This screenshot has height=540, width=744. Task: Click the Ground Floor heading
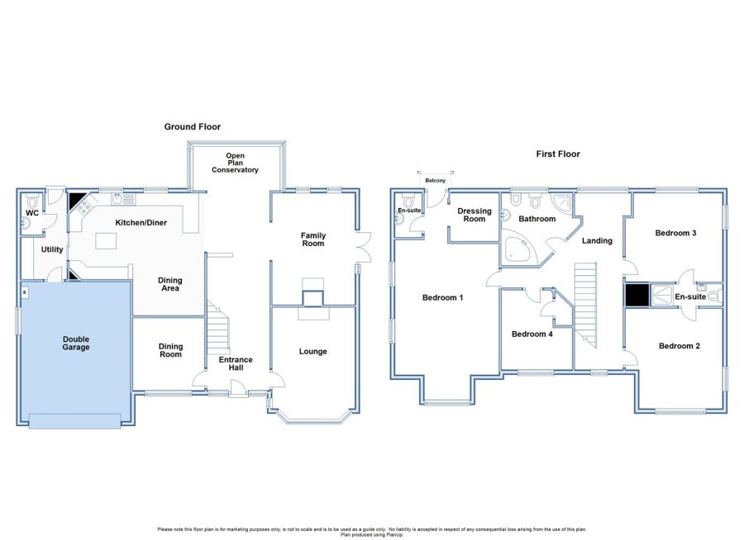(x=192, y=126)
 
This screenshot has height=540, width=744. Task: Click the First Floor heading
(x=558, y=154)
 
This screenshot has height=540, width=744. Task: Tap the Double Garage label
(x=76, y=343)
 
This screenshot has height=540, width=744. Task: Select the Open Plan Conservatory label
(x=235, y=163)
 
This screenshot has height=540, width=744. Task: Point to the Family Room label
(x=313, y=239)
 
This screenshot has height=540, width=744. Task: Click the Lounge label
(x=312, y=351)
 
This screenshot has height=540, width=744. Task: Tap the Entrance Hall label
(x=236, y=363)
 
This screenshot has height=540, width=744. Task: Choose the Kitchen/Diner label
(x=141, y=222)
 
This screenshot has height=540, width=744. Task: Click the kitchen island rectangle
(x=106, y=241)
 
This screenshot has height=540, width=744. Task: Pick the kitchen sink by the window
(x=123, y=199)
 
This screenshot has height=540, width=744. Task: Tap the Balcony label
(x=435, y=181)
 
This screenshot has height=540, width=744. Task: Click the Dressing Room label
(x=475, y=215)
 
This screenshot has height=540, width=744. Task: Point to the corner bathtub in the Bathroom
(x=517, y=246)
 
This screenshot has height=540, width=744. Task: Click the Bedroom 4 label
(x=532, y=334)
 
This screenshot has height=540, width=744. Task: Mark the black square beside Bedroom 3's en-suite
(x=637, y=296)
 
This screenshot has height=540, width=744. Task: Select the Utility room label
(x=52, y=249)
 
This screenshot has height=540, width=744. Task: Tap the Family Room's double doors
(x=365, y=247)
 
